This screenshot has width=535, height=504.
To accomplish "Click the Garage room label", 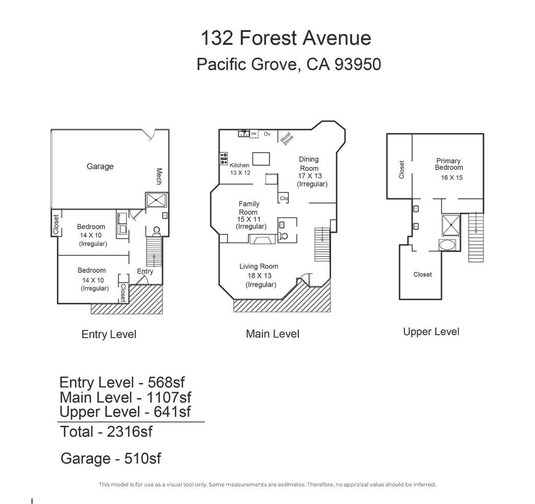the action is [100, 167].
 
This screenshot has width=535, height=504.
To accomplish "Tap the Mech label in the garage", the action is [159, 176].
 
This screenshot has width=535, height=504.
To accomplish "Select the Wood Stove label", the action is [286, 138].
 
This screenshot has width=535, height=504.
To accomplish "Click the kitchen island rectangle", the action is [261, 159].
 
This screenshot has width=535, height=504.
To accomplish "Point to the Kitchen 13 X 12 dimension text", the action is [240, 173].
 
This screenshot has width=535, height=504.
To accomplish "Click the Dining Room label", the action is [309, 163].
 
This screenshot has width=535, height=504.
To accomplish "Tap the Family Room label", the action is [249, 208].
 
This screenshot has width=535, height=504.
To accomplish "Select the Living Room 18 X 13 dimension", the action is [260, 276].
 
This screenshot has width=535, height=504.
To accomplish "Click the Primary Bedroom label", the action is [449, 164].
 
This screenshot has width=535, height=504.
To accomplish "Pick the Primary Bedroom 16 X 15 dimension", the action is [452, 178].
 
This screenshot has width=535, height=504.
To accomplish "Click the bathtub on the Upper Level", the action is [447, 245].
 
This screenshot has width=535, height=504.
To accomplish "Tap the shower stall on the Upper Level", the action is [451, 225].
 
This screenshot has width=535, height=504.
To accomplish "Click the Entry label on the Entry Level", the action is [145, 272].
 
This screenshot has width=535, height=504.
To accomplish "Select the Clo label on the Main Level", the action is [284, 198].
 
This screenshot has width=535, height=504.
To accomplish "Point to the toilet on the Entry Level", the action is [157, 231].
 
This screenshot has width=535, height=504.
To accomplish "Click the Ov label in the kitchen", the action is [267, 134].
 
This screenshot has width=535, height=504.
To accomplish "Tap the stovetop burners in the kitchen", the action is [224, 159].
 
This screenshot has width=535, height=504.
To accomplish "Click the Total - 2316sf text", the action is [106, 432].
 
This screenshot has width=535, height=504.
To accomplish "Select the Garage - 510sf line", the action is [111, 459].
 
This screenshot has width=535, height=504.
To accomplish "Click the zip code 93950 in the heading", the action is [357, 64].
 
